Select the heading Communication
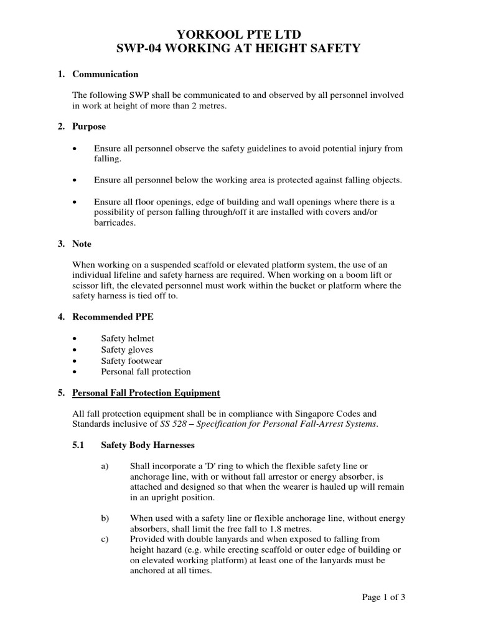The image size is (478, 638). coord(105,74)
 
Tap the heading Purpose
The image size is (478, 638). coord(89,126)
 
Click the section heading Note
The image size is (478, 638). coord(82,244)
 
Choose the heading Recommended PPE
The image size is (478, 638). coord(113,317)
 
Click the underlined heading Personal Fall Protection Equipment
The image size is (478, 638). coord(146,393)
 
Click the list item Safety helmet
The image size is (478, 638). coord(128,338)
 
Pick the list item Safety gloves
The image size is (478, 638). coord(127,350)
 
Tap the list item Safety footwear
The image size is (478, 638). coord(131,361)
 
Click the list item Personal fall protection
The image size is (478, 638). coord(146,372)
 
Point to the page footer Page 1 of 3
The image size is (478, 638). coord(384,597)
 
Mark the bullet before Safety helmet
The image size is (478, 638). coord(75,338)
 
